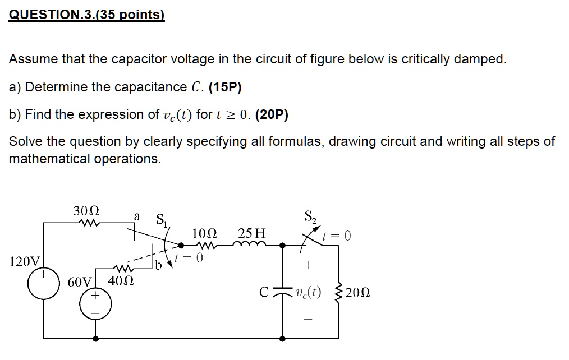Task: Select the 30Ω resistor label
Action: click(86, 211)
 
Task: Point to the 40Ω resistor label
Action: click(121, 280)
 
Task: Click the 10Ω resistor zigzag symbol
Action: click(206, 246)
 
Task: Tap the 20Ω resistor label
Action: click(358, 293)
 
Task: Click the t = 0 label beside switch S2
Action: click(337, 236)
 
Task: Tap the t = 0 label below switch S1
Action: click(189, 258)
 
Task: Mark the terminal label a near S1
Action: click(137, 217)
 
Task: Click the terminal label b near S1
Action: click(158, 265)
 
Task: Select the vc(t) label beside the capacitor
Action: click(309, 292)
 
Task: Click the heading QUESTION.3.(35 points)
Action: click(87, 15)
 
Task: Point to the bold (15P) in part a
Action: click(225, 87)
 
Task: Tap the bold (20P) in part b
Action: click(272, 114)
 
